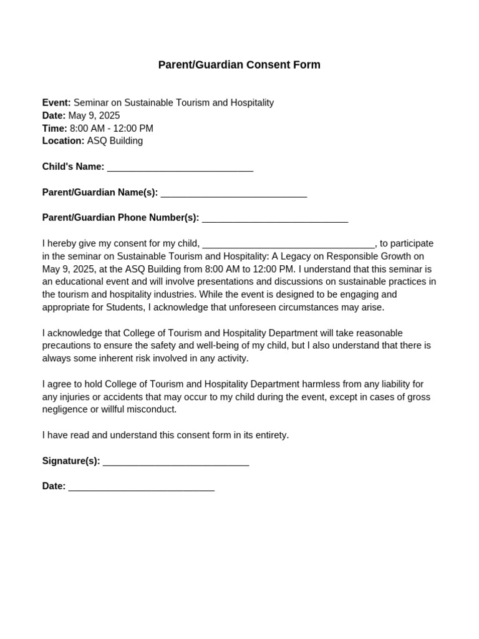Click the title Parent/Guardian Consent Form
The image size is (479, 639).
coord(239,65)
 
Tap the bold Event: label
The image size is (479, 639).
coord(56,103)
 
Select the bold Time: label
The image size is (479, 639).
coord(54,129)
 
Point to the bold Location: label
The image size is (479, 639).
coord(63,141)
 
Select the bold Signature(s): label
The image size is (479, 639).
coord(71,461)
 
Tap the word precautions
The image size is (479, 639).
coord(68,346)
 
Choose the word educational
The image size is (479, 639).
coord(80,282)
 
